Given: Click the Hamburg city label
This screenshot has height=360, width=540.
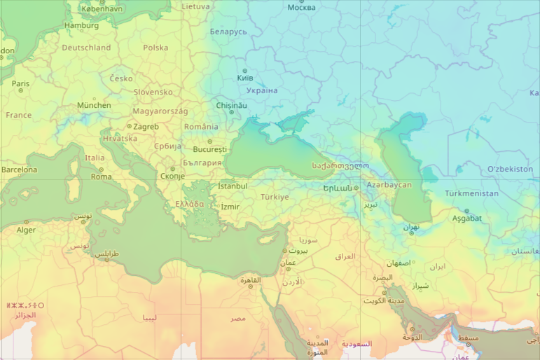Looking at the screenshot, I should pos(81,26).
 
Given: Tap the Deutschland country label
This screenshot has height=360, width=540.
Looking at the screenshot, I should pos(86,48).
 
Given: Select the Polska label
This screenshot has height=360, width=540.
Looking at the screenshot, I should pos(155,48).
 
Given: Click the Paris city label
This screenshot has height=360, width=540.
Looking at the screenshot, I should pos(21,83).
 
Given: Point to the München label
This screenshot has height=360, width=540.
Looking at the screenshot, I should pos(94,105).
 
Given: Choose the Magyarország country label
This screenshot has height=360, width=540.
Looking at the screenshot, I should pos(160,111).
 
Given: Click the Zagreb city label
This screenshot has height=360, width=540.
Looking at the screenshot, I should pos(146,127).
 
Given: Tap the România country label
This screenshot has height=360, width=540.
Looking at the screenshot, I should pos(201,127).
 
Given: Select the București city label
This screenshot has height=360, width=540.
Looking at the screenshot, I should pos(210,149).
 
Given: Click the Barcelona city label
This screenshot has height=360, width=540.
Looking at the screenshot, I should pos(19,169).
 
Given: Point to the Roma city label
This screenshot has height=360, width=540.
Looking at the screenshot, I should pos(101,176).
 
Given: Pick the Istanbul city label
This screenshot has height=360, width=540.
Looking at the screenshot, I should pos(233,186).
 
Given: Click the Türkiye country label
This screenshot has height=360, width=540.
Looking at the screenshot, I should pos(275,197).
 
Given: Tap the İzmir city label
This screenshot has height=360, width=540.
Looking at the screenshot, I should pos(230,207).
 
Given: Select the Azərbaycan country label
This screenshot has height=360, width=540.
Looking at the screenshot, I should pos(389,185).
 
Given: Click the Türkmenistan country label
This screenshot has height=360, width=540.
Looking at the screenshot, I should pos(471,193).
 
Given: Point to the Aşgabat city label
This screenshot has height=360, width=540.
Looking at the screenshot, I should pos(467,218).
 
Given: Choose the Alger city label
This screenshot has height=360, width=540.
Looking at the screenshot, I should pos(26,230).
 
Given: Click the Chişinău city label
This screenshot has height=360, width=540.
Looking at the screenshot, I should pos(232,105).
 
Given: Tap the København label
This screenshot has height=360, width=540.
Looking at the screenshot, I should pos(102,8).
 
